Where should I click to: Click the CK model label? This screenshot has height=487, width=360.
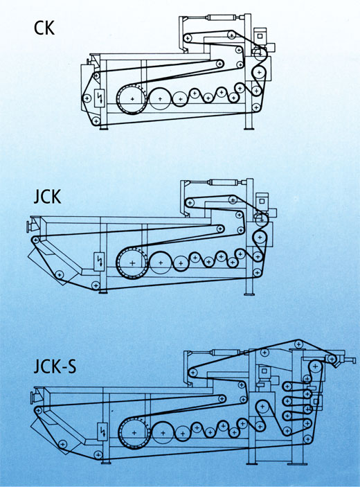point(44,28)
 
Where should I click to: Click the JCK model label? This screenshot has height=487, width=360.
point(47,197)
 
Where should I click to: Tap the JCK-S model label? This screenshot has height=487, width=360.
point(55,366)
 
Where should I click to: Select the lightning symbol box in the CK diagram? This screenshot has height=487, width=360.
point(100,98)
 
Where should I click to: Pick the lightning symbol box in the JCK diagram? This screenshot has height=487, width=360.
point(100,262)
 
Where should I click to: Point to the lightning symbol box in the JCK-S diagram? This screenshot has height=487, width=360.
point(102,431)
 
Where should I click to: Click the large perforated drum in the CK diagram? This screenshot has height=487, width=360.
point(132,99)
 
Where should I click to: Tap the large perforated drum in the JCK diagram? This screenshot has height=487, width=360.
point(132,263)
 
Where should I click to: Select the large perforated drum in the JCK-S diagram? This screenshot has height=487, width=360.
point(134,433)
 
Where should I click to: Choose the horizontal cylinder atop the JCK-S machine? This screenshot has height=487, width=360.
point(225,352)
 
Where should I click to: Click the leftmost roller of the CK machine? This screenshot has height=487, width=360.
point(86,98)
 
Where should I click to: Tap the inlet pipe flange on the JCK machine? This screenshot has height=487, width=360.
point(28,224)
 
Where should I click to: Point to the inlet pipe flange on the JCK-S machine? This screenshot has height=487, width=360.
point(32,398)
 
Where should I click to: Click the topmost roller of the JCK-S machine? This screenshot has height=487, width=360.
point(298,344)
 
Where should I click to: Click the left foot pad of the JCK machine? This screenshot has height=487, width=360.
point(103,291)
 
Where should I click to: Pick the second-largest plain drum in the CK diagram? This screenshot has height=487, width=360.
point(160,99)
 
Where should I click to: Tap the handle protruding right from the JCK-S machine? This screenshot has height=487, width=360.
point(350,360)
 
